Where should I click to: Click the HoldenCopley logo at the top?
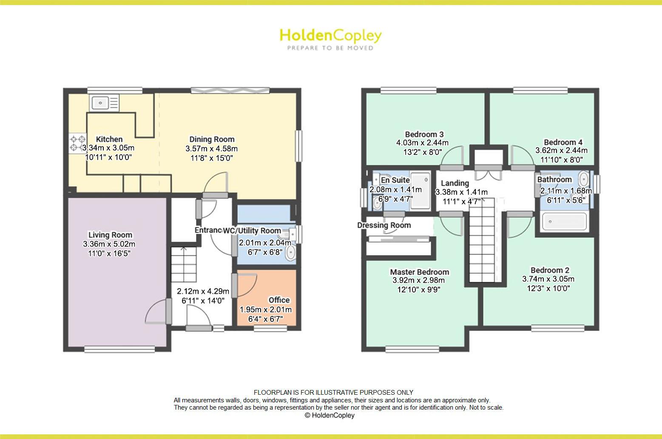coord(330,35)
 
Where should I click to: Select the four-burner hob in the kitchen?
coord(77,143)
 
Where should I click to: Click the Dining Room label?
coord(212,139)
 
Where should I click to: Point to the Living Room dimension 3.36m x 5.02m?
coord(109,244)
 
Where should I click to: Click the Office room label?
coord(279,300)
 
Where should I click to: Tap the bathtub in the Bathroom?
coord(564,221)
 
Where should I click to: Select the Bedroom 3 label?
coord(424,134)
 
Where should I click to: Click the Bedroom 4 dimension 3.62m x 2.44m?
coord(561,150)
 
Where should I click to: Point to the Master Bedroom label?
coord(419,272)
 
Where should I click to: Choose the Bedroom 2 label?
coord(549,270)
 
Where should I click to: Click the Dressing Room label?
coord(384,225)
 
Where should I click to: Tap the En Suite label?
coord(395,180)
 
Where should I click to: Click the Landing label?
coord(455,183)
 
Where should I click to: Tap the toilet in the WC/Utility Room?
coord(291,252)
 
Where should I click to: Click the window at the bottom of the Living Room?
coord(119,350)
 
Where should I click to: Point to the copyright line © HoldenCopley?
coord(330,415)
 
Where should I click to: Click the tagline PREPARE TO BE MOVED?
coord(330,48)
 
